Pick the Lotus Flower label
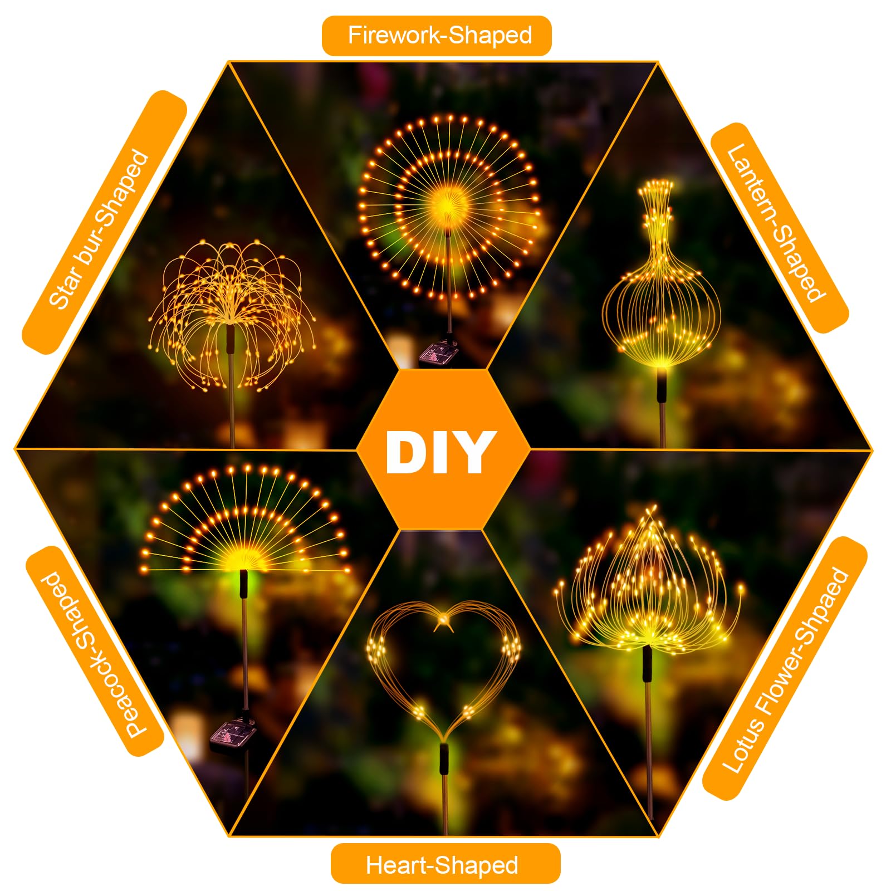pos(785,668)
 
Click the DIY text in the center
pos(440,452)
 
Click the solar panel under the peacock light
pos(233,733)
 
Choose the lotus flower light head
pos(649,579)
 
